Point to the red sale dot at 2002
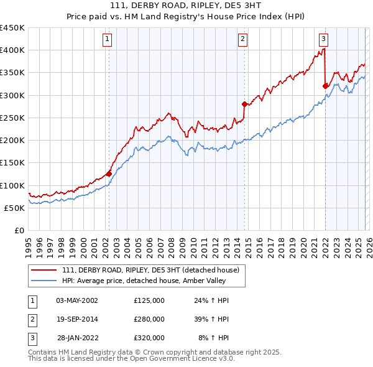click(109, 174)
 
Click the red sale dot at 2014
click(244, 104)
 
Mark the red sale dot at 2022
click(325, 86)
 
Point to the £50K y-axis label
click(15, 208)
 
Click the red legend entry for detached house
click(155, 269)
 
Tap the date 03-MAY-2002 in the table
click(77, 300)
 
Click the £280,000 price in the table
click(149, 318)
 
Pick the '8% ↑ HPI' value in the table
click(213, 337)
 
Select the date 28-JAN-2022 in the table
click(77, 337)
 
